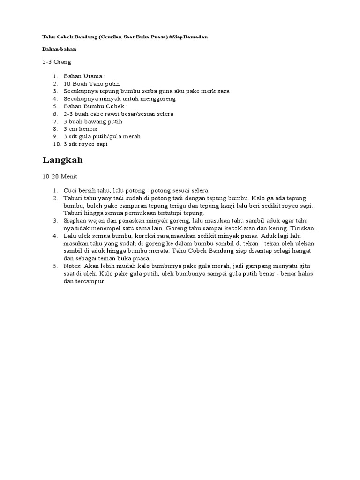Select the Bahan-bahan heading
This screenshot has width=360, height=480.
point(59,49)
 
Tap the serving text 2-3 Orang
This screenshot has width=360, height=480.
point(57,61)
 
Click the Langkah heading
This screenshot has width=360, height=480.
point(62,160)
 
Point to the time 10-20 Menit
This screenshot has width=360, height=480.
point(60,177)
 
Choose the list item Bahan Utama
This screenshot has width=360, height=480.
point(84,75)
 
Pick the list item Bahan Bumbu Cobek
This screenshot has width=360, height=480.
point(95,106)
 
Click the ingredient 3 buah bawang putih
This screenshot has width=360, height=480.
point(93,121)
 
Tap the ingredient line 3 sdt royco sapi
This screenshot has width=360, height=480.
point(86,144)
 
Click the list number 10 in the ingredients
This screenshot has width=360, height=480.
point(56,144)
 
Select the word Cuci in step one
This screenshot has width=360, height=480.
point(70,190)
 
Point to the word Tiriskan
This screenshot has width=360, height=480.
point(305,228)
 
